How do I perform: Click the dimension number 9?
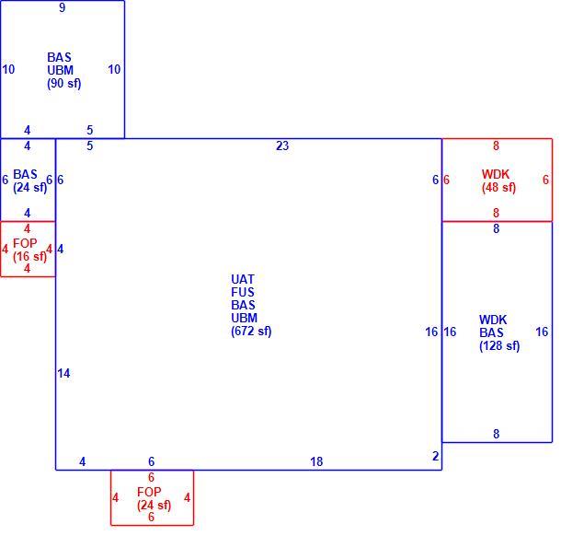point(63,7)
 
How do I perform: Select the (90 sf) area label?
point(64,84)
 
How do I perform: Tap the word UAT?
point(243,279)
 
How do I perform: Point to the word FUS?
point(243,292)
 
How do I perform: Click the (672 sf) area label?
point(251,331)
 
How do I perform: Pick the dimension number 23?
point(282,146)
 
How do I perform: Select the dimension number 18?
point(316,461)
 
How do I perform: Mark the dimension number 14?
point(63,373)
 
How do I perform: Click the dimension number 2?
point(435,456)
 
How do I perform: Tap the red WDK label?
point(496,174)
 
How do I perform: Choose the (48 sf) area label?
point(498,187)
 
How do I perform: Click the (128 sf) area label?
point(499,345)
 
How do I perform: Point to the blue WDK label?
point(493,320)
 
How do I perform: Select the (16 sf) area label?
point(29,257)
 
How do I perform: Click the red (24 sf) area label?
point(154,506)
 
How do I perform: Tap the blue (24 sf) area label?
point(29,187)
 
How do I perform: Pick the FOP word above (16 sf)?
point(25,243)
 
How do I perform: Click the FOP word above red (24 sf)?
point(149,492)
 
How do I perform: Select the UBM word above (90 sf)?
point(60,70)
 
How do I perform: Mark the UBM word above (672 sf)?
point(244,318)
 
